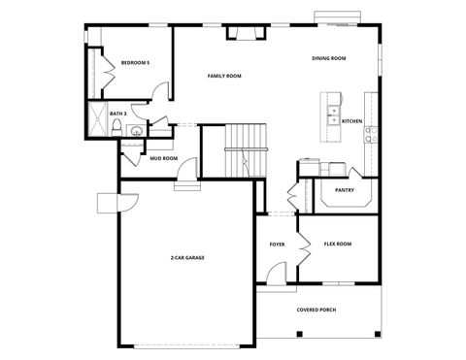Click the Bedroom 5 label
[135, 63]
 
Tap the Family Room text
[224, 76]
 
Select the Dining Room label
[329, 58]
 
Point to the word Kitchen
[351, 121]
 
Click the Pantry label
[345, 190]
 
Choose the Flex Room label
[337, 244]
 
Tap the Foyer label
[277, 244]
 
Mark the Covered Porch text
[316, 311]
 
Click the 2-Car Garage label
[187, 257]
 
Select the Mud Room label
[163, 158]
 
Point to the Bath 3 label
[118, 114]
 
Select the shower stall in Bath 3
[98, 121]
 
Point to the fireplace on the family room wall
[245, 34]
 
